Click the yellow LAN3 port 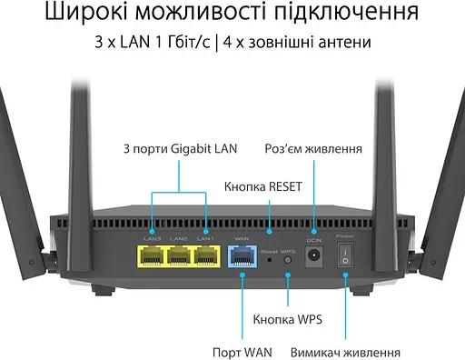(x=152, y=258)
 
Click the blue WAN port (x=242, y=258)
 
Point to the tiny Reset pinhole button (x=271, y=260)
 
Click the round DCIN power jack (x=315, y=259)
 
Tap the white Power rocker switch (x=345, y=259)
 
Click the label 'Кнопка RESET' (x=262, y=187)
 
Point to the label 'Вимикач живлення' (x=345, y=351)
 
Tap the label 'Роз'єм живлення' (x=314, y=149)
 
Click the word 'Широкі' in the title (x=83, y=14)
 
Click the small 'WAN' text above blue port (x=242, y=238)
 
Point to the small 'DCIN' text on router (x=315, y=238)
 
